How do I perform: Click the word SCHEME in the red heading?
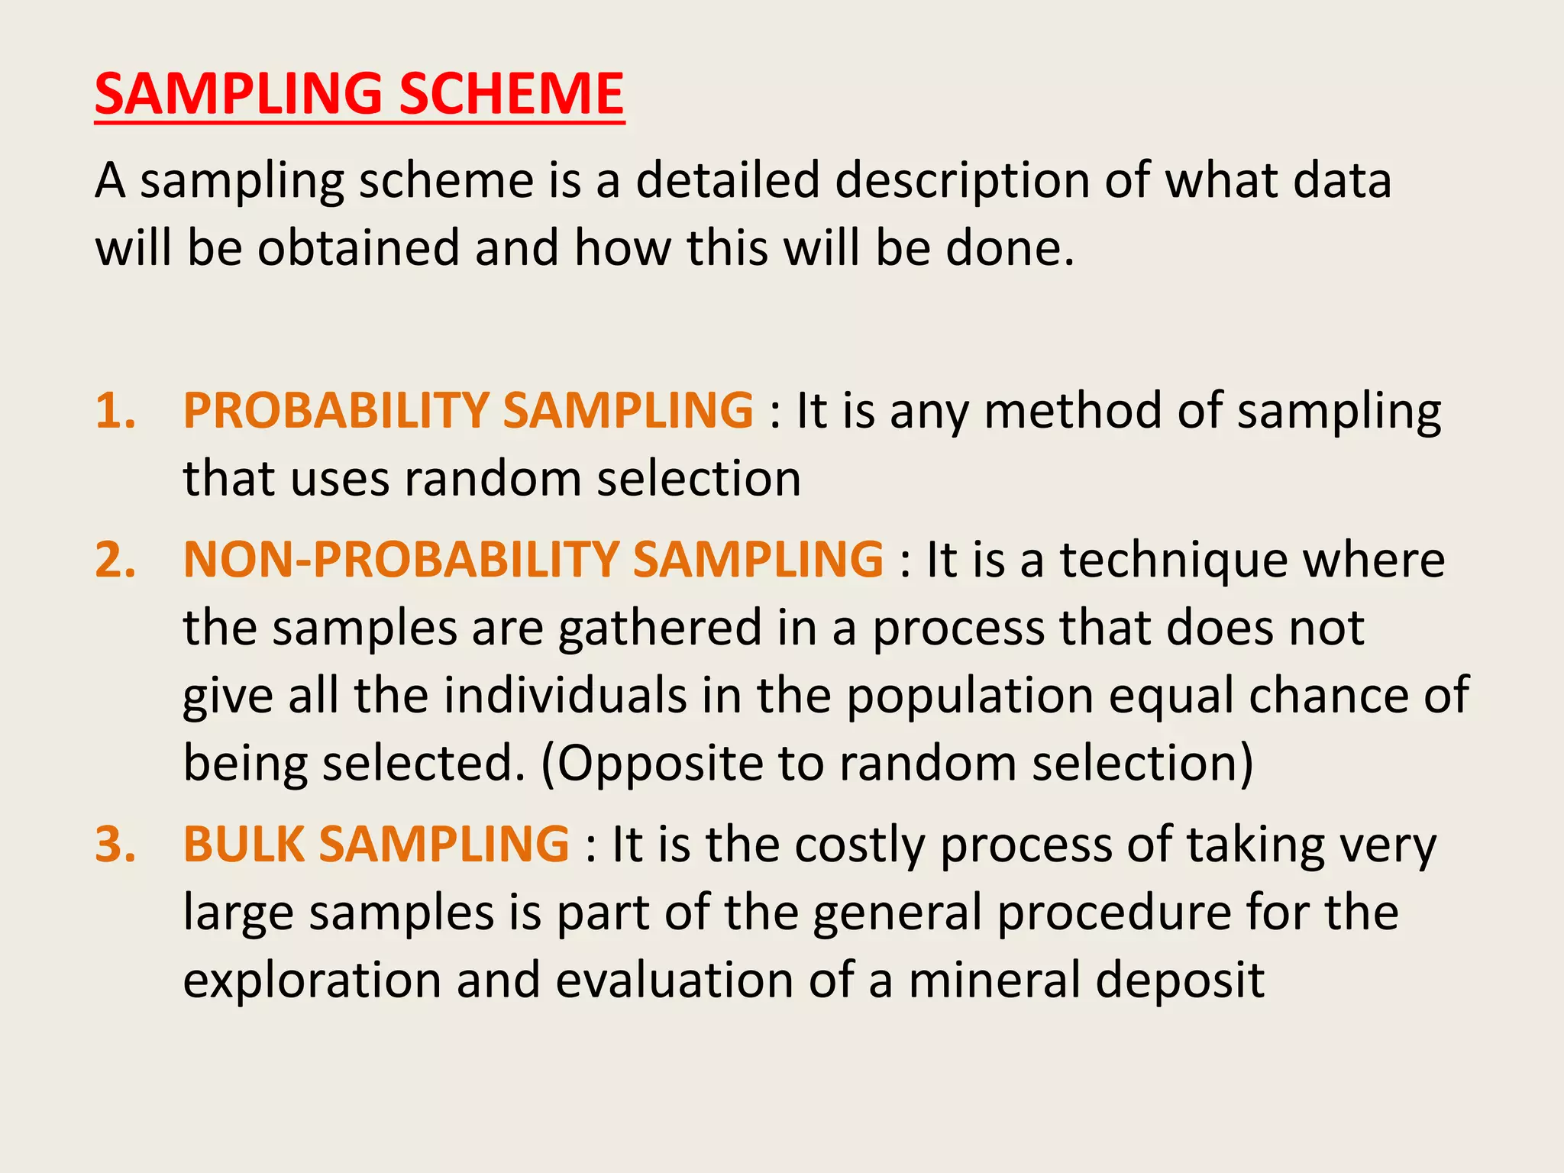click(x=512, y=94)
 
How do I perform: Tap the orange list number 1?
click(x=115, y=410)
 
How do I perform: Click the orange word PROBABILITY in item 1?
click(x=336, y=410)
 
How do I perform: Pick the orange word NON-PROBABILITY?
click(x=401, y=559)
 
